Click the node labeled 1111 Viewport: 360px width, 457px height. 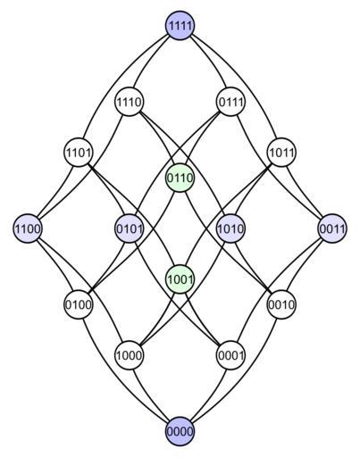click(x=180, y=25)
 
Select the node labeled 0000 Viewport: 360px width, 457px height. click(x=180, y=431)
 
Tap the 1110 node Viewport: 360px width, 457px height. click(x=129, y=102)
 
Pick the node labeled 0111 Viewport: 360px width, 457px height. click(x=230, y=102)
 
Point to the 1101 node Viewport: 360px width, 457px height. click(x=79, y=153)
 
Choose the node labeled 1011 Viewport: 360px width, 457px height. click(x=281, y=153)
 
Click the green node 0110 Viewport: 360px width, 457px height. click(x=180, y=178)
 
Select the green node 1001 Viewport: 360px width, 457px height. click(x=180, y=278)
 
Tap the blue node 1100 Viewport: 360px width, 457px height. click(x=28, y=228)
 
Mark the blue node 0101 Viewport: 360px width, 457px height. click(x=129, y=228)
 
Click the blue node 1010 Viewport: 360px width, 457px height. click(x=230, y=228)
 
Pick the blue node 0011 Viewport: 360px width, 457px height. click(x=332, y=228)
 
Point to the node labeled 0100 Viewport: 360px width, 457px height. click(x=79, y=304)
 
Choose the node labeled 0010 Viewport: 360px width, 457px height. click(x=281, y=304)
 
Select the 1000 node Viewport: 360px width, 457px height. click(x=129, y=355)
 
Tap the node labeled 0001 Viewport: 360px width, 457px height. click(x=230, y=355)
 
